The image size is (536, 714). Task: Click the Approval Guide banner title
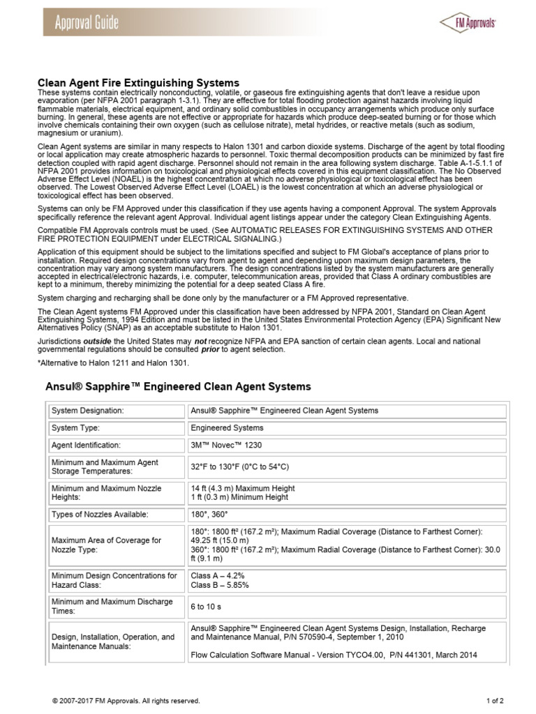[x=87, y=22]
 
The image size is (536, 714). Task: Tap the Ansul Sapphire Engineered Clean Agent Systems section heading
[x=178, y=386]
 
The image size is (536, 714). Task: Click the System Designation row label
[x=87, y=411]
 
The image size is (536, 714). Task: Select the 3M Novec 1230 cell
[x=226, y=445]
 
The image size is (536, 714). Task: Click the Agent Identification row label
[x=86, y=445]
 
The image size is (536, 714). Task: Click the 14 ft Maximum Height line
[x=243, y=489]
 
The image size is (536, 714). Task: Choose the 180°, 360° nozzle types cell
[x=209, y=515]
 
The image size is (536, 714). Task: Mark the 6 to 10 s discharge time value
[x=207, y=607]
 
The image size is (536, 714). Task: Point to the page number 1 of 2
[x=495, y=701]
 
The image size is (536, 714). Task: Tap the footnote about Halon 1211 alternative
[x=112, y=363]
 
